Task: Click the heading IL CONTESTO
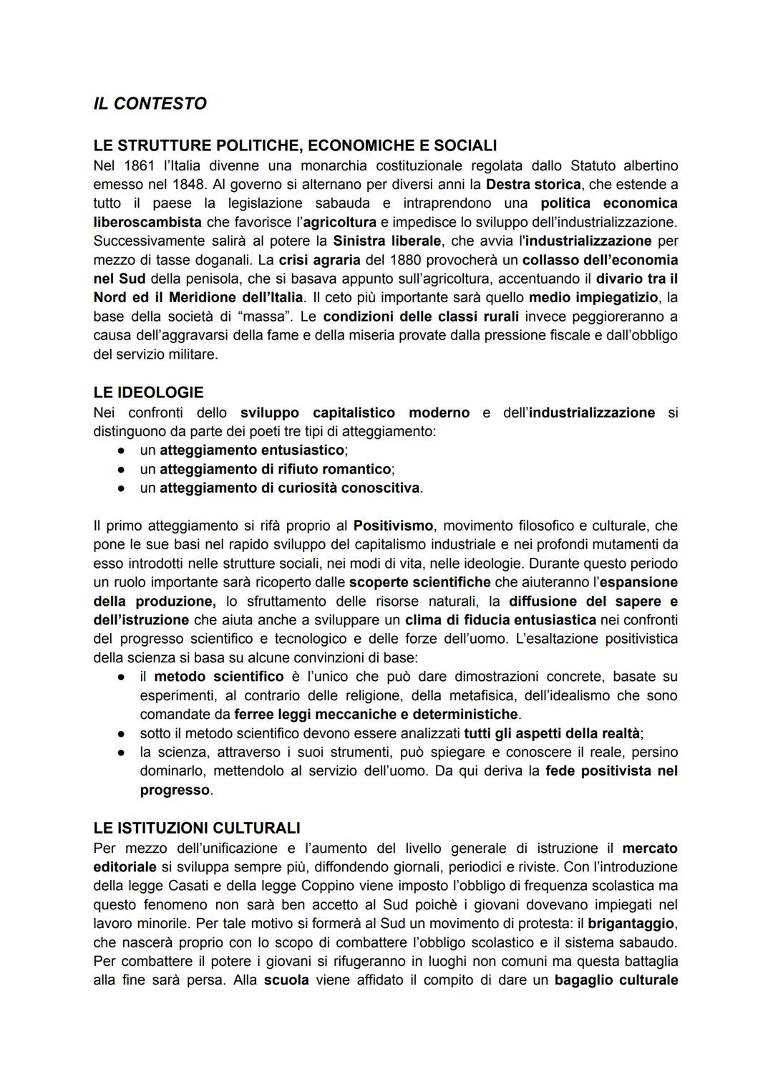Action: point(150,104)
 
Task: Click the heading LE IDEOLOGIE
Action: point(148,392)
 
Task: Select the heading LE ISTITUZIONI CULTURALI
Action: point(196,828)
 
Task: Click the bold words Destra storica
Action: point(533,184)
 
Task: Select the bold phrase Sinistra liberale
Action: point(386,241)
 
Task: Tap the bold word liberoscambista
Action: point(147,222)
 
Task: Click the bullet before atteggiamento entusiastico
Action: point(122,450)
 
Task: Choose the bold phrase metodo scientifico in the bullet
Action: point(218,676)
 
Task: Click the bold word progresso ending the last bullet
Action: point(175,790)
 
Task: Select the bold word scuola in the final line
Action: point(286,980)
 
